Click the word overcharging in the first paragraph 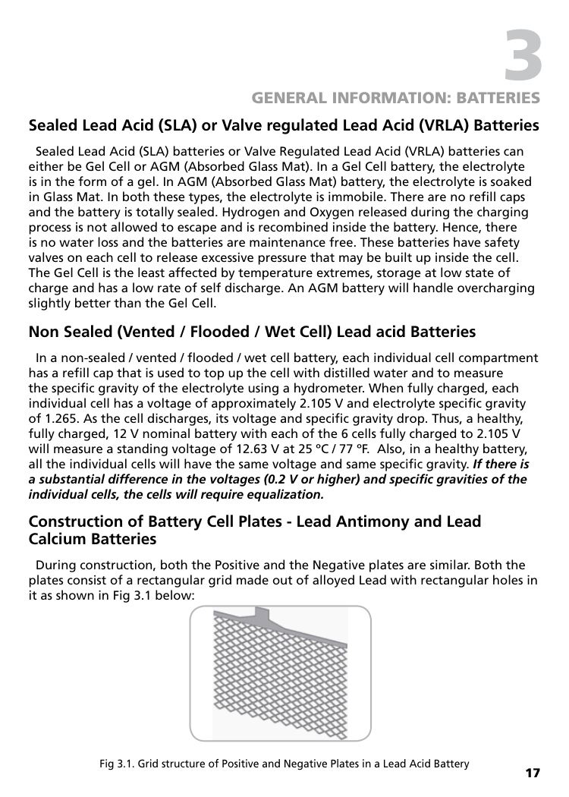(x=498, y=288)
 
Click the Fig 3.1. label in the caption (x=116, y=764)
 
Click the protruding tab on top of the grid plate (x=262, y=613)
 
